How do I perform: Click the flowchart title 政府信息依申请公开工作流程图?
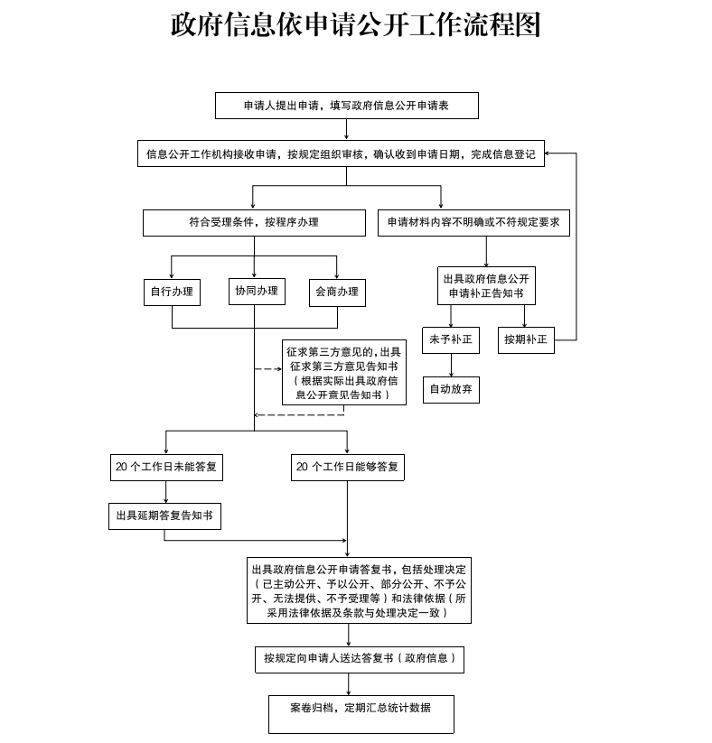(355, 24)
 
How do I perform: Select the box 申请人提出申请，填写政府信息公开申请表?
(346, 106)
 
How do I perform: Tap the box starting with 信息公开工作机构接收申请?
(341, 154)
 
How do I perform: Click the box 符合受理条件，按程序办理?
(254, 222)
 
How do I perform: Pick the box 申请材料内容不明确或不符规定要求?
(473, 222)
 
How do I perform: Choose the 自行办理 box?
(172, 292)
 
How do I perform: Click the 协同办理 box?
(257, 291)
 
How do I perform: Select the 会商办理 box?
(337, 292)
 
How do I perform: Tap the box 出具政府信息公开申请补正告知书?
(486, 286)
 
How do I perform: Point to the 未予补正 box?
(451, 339)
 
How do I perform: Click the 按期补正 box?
(525, 339)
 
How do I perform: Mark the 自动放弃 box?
(451, 389)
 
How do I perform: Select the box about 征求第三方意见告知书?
(344, 373)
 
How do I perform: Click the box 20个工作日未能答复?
(166, 467)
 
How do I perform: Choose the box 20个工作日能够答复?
(347, 467)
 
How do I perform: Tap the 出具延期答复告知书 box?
(164, 515)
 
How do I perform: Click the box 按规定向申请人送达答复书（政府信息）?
(359, 659)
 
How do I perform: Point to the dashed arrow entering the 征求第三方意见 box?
(268, 369)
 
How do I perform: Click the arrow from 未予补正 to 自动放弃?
(451, 364)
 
